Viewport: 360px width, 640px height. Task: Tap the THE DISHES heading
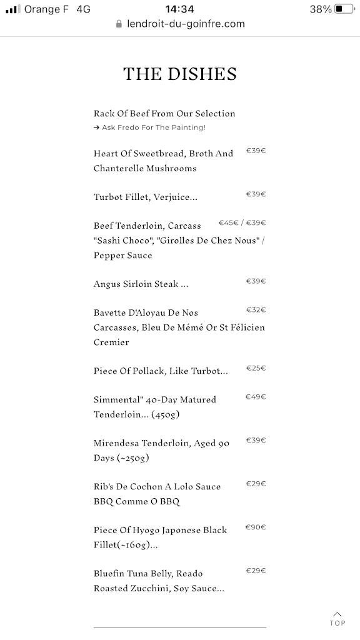point(180,74)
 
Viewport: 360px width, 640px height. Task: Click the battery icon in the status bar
point(344,9)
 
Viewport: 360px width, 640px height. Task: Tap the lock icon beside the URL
point(119,24)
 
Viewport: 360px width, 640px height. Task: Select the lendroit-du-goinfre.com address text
point(186,24)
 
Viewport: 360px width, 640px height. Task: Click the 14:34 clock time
point(179,9)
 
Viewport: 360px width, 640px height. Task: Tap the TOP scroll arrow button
point(337,618)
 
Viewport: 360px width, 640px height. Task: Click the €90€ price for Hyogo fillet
point(256,527)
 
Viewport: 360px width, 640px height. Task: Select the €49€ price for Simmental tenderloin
point(256,397)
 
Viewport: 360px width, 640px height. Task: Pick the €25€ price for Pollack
point(256,368)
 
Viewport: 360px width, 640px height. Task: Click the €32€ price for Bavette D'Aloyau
point(256,310)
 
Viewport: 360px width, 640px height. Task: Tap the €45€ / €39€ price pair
point(242,223)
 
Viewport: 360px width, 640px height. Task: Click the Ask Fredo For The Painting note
point(150,127)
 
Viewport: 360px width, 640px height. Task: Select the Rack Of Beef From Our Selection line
point(164,114)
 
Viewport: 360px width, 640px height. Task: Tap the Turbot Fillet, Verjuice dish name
point(146,197)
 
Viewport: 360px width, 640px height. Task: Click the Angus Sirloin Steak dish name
point(141,284)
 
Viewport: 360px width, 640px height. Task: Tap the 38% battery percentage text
point(321,9)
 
